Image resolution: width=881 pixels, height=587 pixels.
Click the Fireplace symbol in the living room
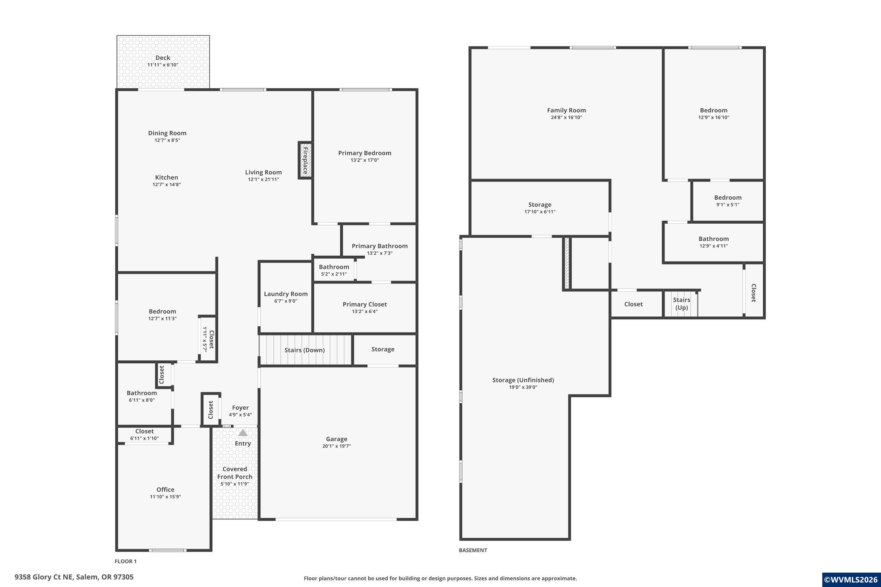[x=305, y=160]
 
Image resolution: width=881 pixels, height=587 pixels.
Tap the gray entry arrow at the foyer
[x=243, y=433]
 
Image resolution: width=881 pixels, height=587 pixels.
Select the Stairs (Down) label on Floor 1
[x=305, y=350]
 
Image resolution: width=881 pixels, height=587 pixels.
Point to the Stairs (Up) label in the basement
[x=681, y=303]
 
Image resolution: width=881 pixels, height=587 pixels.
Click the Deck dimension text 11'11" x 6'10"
[x=163, y=65]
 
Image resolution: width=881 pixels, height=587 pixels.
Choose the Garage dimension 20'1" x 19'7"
[x=336, y=446]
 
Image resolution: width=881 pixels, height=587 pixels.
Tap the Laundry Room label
[x=286, y=294]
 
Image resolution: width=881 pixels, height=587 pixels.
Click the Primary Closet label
[x=364, y=304]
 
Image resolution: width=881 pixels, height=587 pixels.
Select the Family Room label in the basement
[x=566, y=110]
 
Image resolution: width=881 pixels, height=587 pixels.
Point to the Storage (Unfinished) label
[x=523, y=380]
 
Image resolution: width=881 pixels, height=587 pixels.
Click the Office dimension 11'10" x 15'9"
[x=165, y=497]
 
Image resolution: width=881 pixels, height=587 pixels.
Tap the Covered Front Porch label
[x=235, y=473]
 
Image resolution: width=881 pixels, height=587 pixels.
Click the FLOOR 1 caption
[x=125, y=561]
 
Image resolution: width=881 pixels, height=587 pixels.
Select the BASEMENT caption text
[x=473, y=550]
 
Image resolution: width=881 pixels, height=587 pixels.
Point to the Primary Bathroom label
[x=379, y=246]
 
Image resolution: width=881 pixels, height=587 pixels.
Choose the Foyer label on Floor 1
[x=240, y=408]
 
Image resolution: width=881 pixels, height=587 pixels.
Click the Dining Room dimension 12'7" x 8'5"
[x=167, y=140]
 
